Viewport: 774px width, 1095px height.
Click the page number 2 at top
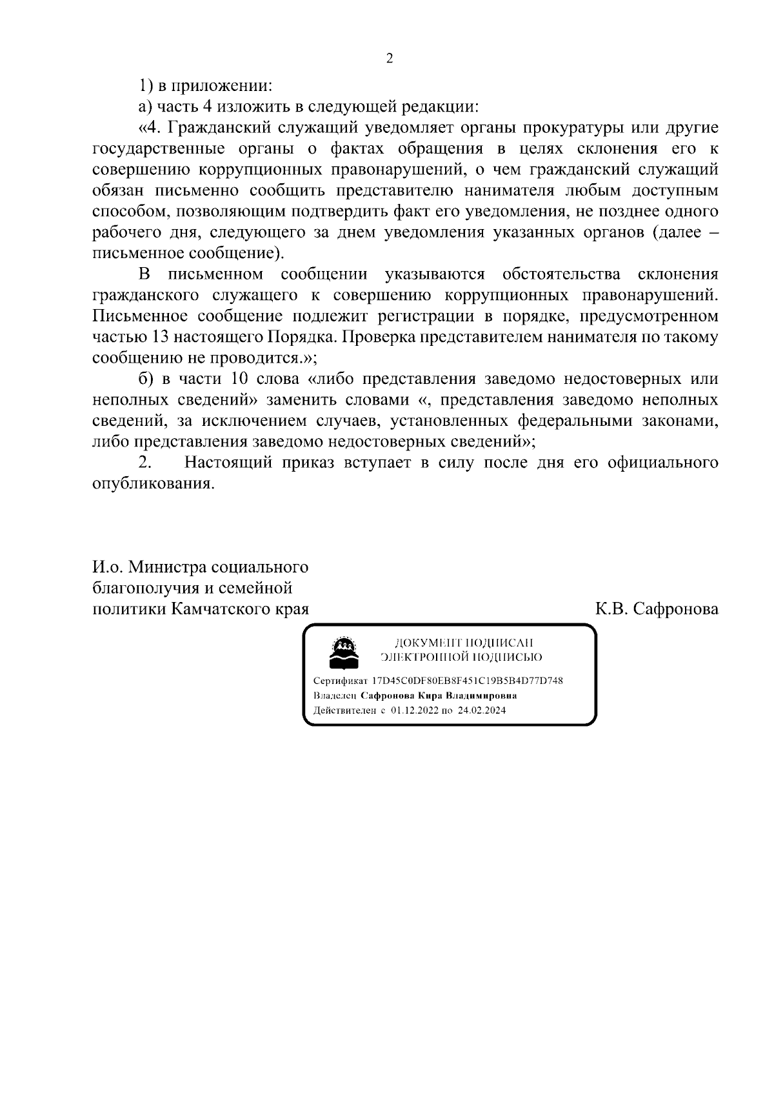(389, 59)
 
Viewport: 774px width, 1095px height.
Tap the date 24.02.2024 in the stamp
(482, 710)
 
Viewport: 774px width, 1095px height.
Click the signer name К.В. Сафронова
(657, 609)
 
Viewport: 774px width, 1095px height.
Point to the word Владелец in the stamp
(335, 696)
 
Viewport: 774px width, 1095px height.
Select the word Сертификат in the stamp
(340, 681)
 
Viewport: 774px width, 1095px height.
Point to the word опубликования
(154, 483)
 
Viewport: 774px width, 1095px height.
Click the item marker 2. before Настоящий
(145, 463)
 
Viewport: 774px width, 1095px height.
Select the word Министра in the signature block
(168, 567)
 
